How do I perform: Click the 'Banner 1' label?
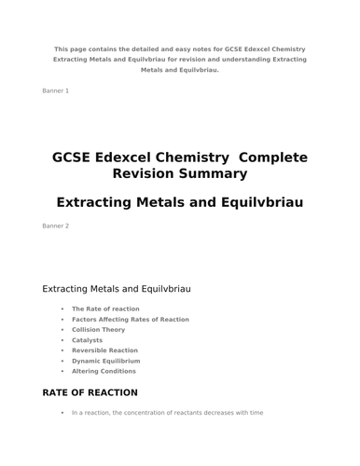pos(56,90)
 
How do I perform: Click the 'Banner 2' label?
pos(56,226)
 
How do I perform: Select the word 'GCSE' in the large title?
pos(77,158)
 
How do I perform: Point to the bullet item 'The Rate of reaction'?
pos(105,308)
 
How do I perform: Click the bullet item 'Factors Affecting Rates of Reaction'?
pos(130,320)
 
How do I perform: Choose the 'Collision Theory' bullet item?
pos(98,330)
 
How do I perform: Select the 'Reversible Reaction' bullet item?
pos(104,350)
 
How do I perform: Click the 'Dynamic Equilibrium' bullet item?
pos(105,361)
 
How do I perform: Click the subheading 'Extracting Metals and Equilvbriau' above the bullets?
pos(117,290)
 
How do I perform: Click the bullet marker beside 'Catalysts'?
pos(62,340)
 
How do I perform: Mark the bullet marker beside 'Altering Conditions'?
pos(62,371)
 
